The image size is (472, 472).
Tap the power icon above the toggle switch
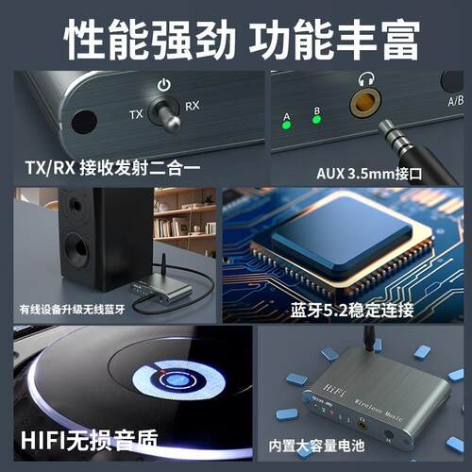(164, 84)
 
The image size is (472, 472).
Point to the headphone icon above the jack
(363, 80)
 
